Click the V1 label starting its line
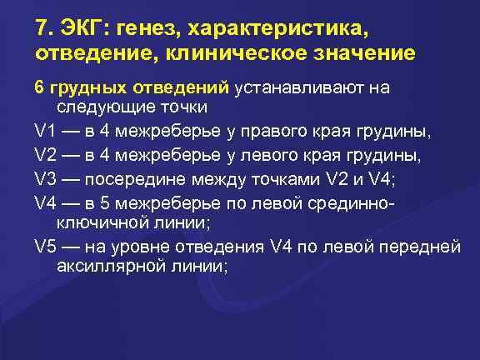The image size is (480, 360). pyautogui.click(x=44, y=131)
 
